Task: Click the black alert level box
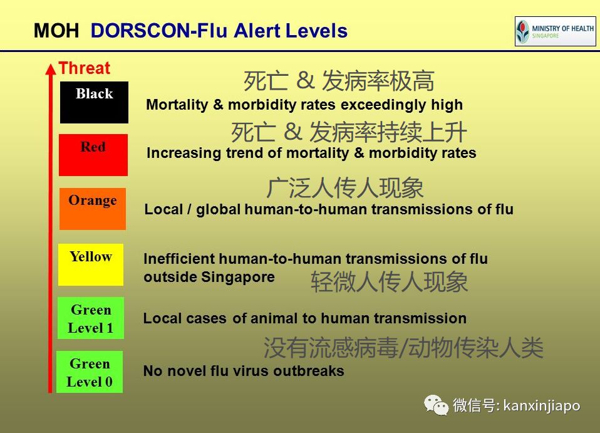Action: pyautogui.click(x=94, y=102)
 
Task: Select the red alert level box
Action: pyautogui.click(x=93, y=155)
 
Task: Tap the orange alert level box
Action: pyautogui.click(x=93, y=209)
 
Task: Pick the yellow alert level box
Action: pyautogui.click(x=91, y=264)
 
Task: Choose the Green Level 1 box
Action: pyautogui.click(x=91, y=318)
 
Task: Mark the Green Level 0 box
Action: pyautogui.click(x=90, y=372)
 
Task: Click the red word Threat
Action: pyautogui.click(x=85, y=68)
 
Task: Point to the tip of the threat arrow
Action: pyautogui.click(x=51, y=63)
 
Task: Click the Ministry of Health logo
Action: pyautogui.click(x=556, y=31)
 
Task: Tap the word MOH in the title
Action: pyautogui.click(x=56, y=31)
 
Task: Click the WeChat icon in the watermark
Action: pyautogui.click(x=437, y=405)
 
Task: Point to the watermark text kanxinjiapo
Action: pyautogui.click(x=542, y=405)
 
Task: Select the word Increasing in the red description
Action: pyautogui.click(x=184, y=153)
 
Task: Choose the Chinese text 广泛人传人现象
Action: pyautogui.click(x=344, y=188)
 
